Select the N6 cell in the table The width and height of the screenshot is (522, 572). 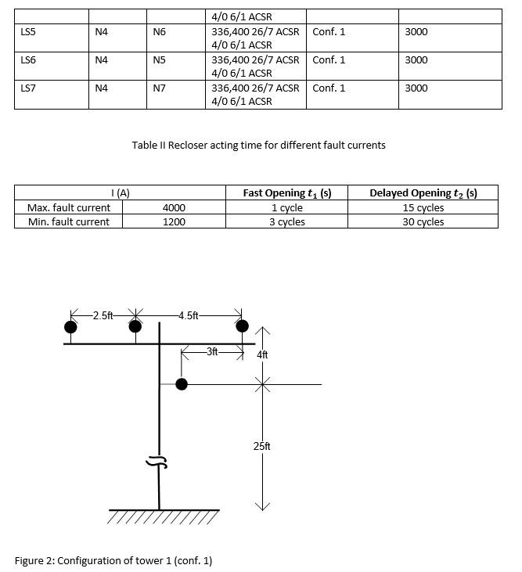coord(159,32)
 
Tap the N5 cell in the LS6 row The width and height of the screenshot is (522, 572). coord(159,60)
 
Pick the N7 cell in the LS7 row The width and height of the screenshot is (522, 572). coord(159,88)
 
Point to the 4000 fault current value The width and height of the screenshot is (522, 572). coord(174,208)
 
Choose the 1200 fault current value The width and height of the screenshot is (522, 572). coord(174,222)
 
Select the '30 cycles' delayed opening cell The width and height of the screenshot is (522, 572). coord(423,222)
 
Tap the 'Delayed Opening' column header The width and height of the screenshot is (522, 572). coord(423,193)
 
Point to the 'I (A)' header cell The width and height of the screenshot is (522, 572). coord(120,193)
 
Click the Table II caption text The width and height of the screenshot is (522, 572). coord(258,145)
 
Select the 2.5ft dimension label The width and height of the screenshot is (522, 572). coord(103,316)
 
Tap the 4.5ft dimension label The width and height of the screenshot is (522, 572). coord(189,316)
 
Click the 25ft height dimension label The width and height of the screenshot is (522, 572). coord(262,446)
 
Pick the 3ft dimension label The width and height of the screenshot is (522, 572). coord(212,352)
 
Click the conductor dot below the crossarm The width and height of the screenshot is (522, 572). coord(182,384)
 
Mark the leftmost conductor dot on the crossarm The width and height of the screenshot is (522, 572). coord(71,326)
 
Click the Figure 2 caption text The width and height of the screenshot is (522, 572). coord(113,560)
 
